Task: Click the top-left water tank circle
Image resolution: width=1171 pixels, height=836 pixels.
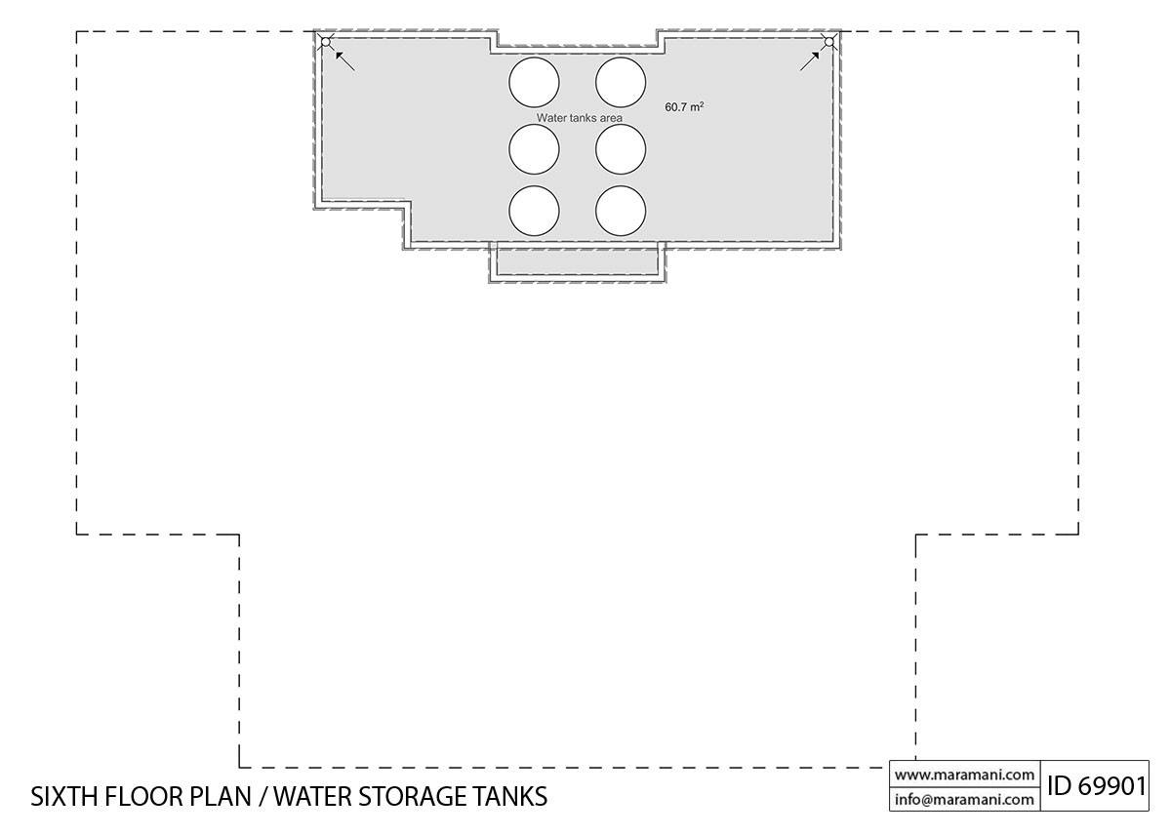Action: click(x=534, y=81)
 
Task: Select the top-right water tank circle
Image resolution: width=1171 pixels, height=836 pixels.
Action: click(x=621, y=81)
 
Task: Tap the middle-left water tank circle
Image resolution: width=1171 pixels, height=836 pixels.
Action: click(x=534, y=149)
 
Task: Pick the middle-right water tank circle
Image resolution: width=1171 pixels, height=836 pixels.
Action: click(x=621, y=149)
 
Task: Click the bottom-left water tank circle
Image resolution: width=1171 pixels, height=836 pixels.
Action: click(x=534, y=211)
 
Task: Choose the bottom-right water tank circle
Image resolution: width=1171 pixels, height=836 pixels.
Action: click(x=621, y=211)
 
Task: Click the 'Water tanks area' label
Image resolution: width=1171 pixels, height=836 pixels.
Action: click(x=579, y=117)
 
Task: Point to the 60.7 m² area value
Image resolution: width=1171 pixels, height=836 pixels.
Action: click(x=684, y=106)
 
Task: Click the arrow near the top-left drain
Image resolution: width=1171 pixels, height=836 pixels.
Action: click(x=343, y=60)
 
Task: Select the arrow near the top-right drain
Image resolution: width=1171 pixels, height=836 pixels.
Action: click(x=810, y=60)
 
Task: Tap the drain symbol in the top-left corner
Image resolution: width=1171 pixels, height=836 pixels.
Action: click(x=326, y=41)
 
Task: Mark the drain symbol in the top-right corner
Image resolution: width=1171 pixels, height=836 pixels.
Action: click(x=828, y=41)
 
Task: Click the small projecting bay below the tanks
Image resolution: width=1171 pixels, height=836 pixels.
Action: click(x=578, y=262)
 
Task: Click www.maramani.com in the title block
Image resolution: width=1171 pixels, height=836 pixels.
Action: click(x=964, y=775)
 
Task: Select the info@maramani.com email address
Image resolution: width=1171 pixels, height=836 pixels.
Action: click(x=964, y=799)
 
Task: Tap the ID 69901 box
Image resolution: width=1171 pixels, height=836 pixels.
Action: click(x=1096, y=786)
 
